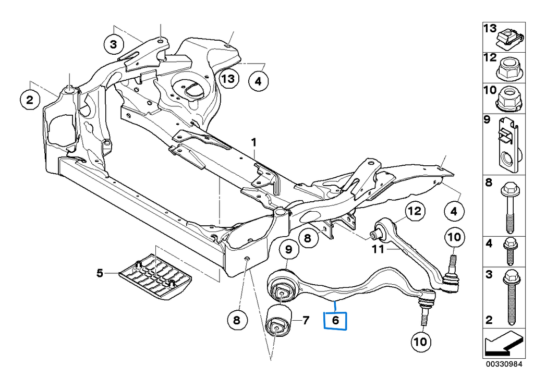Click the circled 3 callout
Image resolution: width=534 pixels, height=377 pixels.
coord(114,45)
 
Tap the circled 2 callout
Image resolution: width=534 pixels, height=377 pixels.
coord(30,99)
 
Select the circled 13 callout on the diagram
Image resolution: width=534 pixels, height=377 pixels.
coord(228,79)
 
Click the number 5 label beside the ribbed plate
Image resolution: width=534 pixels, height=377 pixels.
coord(100,272)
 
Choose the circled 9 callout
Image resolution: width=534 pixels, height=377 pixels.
coord(288,251)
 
